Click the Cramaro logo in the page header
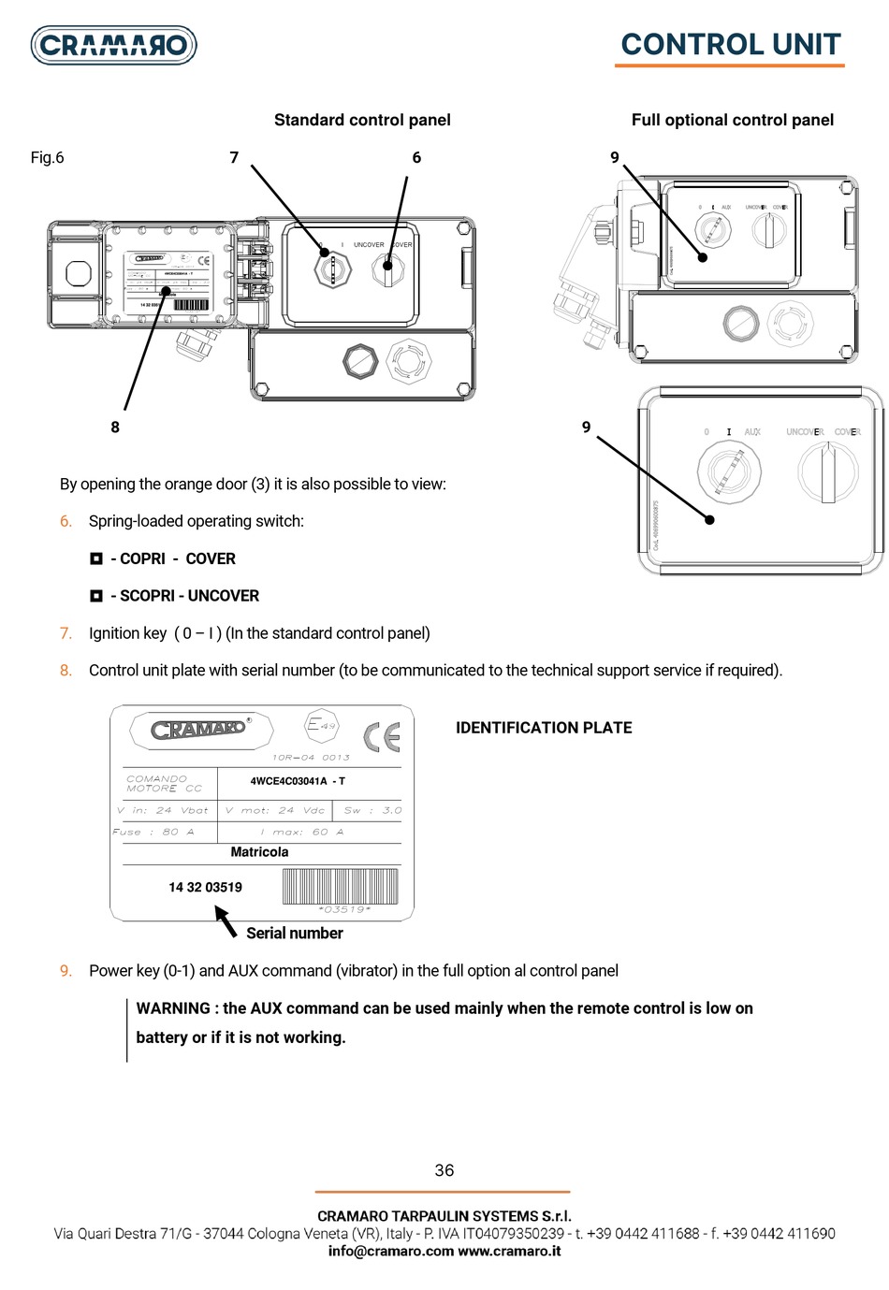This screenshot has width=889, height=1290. click(x=113, y=44)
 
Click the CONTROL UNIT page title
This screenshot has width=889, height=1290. click(x=730, y=44)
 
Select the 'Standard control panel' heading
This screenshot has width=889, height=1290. click(x=362, y=120)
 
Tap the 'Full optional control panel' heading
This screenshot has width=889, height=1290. click(x=732, y=120)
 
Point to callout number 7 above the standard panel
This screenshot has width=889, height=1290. click(x=234, y=157)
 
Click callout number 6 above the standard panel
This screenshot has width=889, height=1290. click(x=416, y=157)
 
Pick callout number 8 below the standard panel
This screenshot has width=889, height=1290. click(x=115, y=427)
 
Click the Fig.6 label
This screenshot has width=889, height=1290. click(x=48, y=157)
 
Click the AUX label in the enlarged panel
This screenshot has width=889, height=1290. click(x=752, y=432)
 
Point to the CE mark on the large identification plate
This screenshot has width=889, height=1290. click(x=381, y=736)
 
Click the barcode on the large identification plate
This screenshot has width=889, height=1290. click(x=339, y=885)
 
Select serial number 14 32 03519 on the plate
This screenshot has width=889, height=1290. click(x=205, y=887)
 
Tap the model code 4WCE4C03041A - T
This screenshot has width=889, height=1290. click(x=298, y=781)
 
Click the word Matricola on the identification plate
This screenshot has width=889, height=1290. click(x=259, y=852)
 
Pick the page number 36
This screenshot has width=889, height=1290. click(x=444, y=1170)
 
